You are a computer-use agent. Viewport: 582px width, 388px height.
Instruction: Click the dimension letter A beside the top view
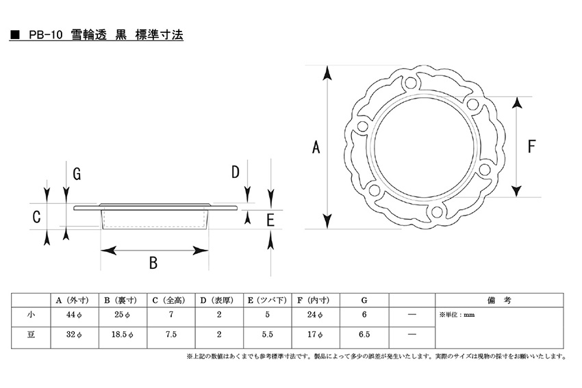pos(316,147)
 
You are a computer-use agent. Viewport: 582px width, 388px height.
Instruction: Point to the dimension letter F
pos(531,146)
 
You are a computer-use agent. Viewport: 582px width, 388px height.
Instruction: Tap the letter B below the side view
pos(153,263)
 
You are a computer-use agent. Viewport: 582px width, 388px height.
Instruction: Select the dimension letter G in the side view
pos(77,174)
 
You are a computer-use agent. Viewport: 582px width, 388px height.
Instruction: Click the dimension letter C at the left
pos(36,217)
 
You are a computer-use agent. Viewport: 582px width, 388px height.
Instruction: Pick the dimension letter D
pos(236,172)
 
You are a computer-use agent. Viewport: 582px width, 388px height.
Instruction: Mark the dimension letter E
pos(270,220)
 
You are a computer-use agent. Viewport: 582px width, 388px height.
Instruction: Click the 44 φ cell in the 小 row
pos(74,315)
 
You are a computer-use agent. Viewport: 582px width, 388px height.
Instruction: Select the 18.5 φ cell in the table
pos(123,335)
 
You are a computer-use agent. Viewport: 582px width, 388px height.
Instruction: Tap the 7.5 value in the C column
pos(171,334)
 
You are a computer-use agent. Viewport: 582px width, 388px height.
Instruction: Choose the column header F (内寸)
pos(313,300)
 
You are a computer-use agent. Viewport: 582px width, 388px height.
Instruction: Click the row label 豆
pos(31,334)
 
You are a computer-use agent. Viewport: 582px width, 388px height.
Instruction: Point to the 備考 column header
pos(499,300)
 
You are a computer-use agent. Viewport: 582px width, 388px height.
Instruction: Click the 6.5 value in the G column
pos(364,334)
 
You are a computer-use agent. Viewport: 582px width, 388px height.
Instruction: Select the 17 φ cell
pos(315,335)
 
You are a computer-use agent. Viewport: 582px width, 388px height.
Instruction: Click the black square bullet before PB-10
pos(15,35)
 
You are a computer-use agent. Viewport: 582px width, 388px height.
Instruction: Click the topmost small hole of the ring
pos(410,82)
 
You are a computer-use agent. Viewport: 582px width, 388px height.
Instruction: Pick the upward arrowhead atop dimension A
pos(327,73)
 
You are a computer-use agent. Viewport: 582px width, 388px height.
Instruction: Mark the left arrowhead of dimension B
pos(108,250)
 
